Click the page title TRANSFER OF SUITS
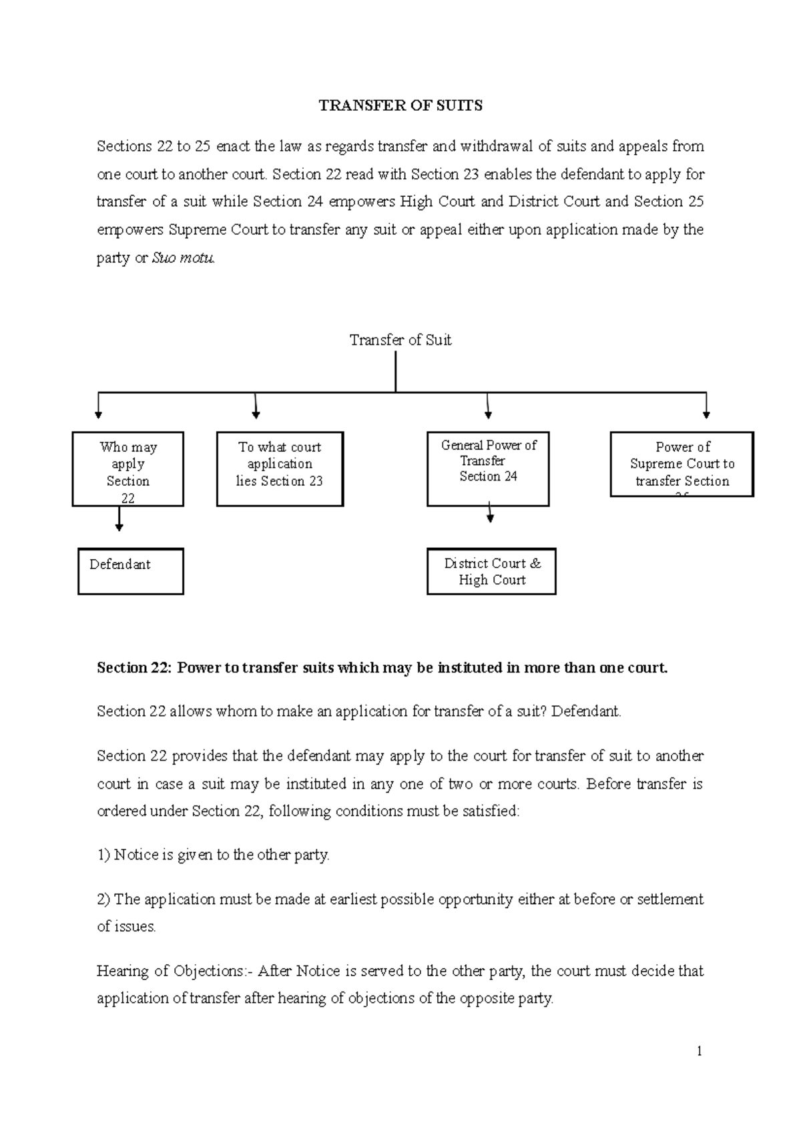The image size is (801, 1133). pos(400,106)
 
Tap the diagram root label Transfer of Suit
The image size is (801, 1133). pos(400,340)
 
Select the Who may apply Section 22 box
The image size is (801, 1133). pos(127,469)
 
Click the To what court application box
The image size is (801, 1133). pos(280,469)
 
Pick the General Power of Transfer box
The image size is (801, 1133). pos(488,468)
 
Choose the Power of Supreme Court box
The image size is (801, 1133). pos(682,464)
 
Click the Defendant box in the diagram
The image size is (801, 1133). pos(130,571)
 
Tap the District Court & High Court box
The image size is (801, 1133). pos(491,571)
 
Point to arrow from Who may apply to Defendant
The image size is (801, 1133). pos(119,519)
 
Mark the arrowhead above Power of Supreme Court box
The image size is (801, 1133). pos(706,414)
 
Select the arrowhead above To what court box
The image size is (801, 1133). pos(256,414)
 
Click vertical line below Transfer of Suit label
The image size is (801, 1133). pos(396,371)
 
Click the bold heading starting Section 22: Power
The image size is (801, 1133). pos(382,668)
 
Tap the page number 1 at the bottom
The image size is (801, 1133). pos(699,1052)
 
